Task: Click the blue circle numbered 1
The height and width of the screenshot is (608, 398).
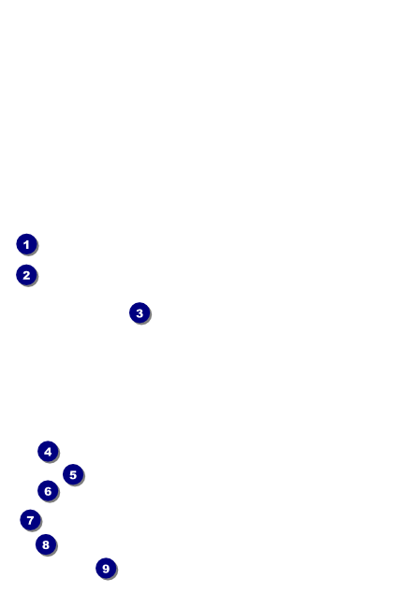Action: pos(26,244)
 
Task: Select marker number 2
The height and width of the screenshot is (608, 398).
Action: pos(26,275)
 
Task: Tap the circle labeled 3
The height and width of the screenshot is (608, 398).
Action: pos(140,313)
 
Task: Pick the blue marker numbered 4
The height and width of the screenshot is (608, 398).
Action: pos(48,452)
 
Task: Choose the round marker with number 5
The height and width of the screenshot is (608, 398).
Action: pos(73,474)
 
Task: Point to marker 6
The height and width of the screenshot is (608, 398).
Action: pos(48,491)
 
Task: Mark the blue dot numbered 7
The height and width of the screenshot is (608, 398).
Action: pos(30,520)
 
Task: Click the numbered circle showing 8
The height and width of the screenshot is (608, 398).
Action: pos(46,544)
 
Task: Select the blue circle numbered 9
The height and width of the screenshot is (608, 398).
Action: pos(106,569)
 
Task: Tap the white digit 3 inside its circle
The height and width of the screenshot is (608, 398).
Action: pos(140,313)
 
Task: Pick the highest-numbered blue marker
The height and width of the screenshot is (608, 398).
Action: pos(106,569)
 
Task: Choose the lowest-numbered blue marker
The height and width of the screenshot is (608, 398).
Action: pos(26,244)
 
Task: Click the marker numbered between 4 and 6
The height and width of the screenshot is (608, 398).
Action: pos(73,474)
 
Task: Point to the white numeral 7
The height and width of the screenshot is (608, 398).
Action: pos(30,520)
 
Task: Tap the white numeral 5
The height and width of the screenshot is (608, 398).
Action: pos(73,474)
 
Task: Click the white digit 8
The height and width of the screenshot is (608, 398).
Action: pos(46,544)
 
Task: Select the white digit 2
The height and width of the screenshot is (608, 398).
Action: pos(26,275)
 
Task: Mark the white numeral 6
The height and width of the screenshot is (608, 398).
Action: pos(48,491)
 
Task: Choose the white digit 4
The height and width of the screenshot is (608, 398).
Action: pos(48,452)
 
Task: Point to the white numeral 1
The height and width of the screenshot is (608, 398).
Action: pos(26,245)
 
